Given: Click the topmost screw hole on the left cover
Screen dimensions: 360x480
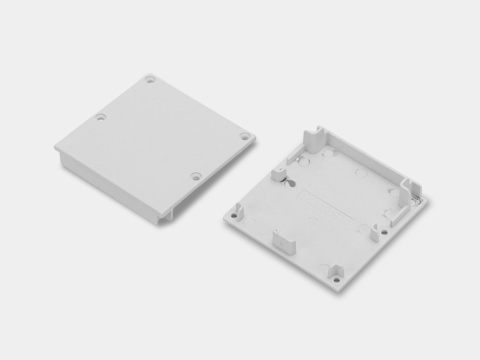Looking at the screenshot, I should click(x=150, y=79).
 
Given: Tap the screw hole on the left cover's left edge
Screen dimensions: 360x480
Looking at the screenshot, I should click(x=101, y=118).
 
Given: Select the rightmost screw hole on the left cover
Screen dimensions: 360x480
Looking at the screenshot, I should click(x=244, y=136).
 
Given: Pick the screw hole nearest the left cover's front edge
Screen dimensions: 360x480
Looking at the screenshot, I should click(x=196, y=176).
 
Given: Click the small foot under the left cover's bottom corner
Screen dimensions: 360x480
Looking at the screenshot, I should click(x=165, y=215).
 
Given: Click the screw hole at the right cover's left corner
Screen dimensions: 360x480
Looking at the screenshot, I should click(x=233, y=215).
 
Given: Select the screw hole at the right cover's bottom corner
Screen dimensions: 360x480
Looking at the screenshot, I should click(x=336, y=279).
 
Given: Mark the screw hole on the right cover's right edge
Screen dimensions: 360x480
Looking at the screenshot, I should click(x=384, y=232).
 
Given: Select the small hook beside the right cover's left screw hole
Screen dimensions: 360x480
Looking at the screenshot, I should click(x=239, y=212).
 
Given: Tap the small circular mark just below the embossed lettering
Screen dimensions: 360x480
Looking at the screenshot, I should click(x=312, y=219).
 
